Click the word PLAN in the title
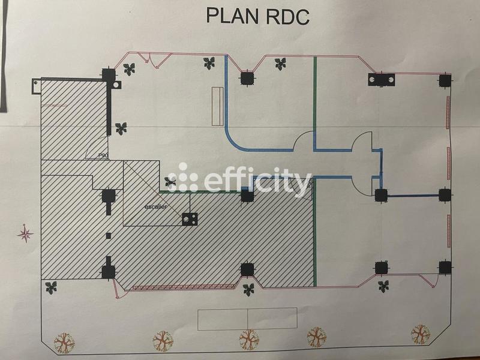click(x=233, y=16)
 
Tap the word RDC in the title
click(x=286, y=16)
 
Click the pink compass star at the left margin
click(x=25, y=233)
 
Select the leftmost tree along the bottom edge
click(x=63, y=342)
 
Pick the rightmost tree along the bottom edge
click(x=420, y=334)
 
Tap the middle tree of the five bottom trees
click(x=249, y=340)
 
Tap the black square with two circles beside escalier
click(x=191, y=219)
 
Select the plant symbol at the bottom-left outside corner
click(x=51, y=287)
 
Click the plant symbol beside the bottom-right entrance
click(x=383, y=286)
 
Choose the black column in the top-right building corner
click(x=444, y=80)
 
